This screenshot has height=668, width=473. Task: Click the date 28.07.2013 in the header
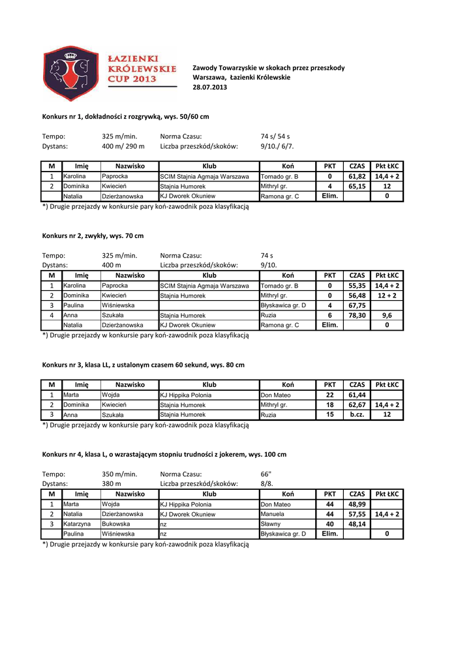[x=210, y=87]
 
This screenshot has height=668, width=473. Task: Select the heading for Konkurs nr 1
[x=125, y=116]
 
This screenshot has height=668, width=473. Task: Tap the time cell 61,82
[x=357, y=176]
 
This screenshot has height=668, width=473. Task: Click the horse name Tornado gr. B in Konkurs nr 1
[x=279, y=177]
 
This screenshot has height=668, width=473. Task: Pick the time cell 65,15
[x=357, y=186]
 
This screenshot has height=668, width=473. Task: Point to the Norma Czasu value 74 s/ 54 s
[x=275, y=136]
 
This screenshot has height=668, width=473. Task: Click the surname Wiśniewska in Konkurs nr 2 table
[x=118, y=305]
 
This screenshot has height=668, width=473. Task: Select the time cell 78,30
[x=357, y=314]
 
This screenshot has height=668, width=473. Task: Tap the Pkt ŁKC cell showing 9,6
[x=387, y=314]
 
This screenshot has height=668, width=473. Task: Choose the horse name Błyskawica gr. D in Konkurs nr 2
[x=283, y=305]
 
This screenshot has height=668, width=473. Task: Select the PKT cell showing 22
[x=329, y=395]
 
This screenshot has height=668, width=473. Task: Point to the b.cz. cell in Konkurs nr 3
[x=357, y=414]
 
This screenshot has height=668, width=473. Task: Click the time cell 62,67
[x=357, y=404]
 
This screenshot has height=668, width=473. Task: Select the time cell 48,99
[x=357, y=504]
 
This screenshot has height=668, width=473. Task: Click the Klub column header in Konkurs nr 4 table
[x=209, y=494]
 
